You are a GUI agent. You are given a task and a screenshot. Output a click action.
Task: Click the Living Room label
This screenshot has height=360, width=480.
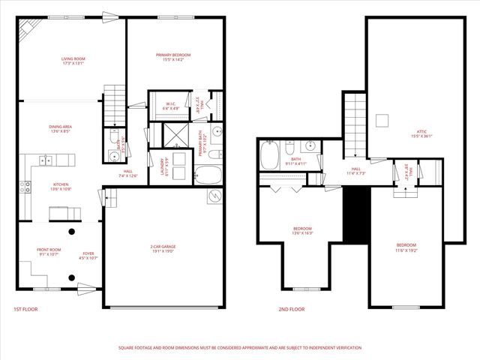click(73, 61)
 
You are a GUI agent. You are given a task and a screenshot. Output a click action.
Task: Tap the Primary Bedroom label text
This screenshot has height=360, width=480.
click(173, 57)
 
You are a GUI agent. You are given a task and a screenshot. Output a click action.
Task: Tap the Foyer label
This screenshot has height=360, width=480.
click(88, 256)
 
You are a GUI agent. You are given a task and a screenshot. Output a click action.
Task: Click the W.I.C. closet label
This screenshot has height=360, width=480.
click(170, 106)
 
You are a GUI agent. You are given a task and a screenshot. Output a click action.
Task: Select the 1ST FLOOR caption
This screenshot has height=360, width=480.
click(25, 309)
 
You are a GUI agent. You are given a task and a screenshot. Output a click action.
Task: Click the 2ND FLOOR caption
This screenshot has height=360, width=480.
click(292, 309)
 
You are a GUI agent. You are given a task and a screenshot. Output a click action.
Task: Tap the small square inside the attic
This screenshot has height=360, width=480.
click(382, 120)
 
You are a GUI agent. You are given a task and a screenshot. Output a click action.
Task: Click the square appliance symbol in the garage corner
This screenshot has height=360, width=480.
click(215, 196)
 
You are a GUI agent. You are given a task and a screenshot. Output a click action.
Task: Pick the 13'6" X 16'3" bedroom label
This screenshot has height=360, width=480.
click(301, 230)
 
